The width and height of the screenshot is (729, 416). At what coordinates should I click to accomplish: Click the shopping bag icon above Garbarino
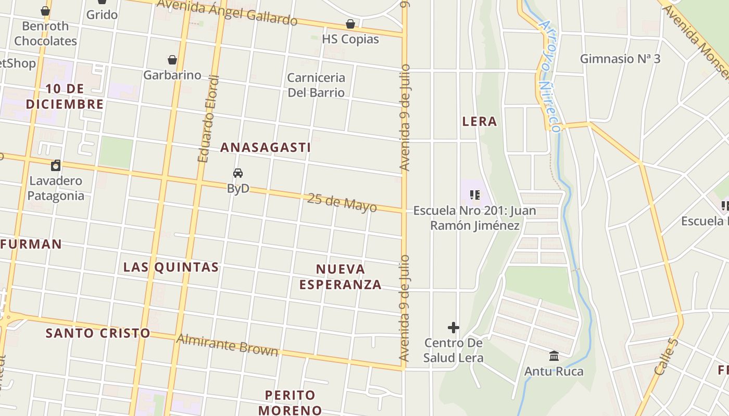pyautogui.click(x=172, y=60)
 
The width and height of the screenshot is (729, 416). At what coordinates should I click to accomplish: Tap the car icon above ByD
pyautogui.click(x=238, y=173)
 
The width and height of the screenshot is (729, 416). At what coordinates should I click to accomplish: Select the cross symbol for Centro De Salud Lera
pyautogui.click(x=454, y=328)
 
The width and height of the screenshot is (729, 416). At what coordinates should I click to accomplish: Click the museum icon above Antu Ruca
pyautogui.click(x=554, y=356)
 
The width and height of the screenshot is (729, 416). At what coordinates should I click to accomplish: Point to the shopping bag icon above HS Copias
pyautogui.click(x=350, y=24)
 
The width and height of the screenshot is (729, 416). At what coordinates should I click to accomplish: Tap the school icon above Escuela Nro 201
pyautogui.click(x=474, y=195)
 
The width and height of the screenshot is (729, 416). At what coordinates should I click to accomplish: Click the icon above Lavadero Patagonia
pyautogui.click(x=56, y=166)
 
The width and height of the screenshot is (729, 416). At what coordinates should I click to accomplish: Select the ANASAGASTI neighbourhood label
pyautogui.click(x=266, y=148)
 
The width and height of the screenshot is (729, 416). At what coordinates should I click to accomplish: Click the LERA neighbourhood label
pyautogui.click(x=480, y=122)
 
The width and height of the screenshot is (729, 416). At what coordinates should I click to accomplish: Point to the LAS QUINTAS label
pyautogui.click(x=171, y=267)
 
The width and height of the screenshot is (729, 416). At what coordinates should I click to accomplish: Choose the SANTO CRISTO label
pyautogui.click(x=98, y=333)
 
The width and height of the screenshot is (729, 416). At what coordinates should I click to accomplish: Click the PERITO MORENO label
pyautogui.click(x=290, y=402)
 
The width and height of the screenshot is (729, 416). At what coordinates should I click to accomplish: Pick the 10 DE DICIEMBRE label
pyautogui.click(x=65, y=96)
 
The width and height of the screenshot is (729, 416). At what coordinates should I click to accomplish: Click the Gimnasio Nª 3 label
pyautogui.click(x=620, y=59)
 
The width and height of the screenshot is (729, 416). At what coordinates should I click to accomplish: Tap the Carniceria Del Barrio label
pyautogui.click(x=316, y=85)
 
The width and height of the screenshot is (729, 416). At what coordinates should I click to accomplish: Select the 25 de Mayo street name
pyautogui.click(x=342, y=203)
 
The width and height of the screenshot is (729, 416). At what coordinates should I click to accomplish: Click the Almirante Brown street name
pyautogui.click(x=228, y=345)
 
